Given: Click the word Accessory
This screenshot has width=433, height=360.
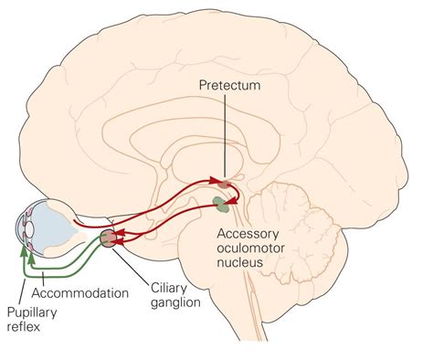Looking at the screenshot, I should (x=248, y=231).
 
